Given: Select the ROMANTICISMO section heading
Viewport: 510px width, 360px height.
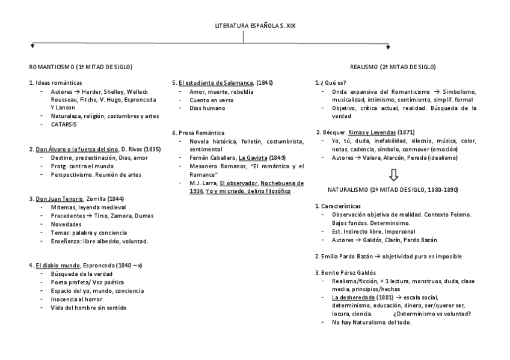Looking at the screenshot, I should pyautogui.click(x=81, y=67).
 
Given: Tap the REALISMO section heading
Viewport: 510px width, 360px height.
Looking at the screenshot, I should pyautogui.click(x=393, y=67).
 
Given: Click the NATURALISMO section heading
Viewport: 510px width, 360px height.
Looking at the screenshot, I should pyautogui.click(x=393, y=189).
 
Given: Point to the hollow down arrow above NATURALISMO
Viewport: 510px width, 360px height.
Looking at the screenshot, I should pyautogui.click(x=393, y=174).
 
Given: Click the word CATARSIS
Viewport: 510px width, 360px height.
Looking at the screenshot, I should pyautogui.click(x=63, y=124).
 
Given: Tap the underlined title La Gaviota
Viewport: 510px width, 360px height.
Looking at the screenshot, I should pyautogui.click(x=253, y=157).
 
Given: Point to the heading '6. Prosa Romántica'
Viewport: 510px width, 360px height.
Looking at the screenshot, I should pyautogui.click(x=198, y=132).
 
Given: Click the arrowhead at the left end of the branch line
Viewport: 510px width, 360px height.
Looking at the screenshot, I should pyautogui.click(x=32, y=46).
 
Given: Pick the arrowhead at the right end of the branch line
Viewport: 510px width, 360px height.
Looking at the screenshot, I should pyautogui.click(x=387, y=46).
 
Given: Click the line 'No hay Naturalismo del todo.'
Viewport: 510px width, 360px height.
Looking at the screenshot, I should pyautogui.click(x=372, y=323).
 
